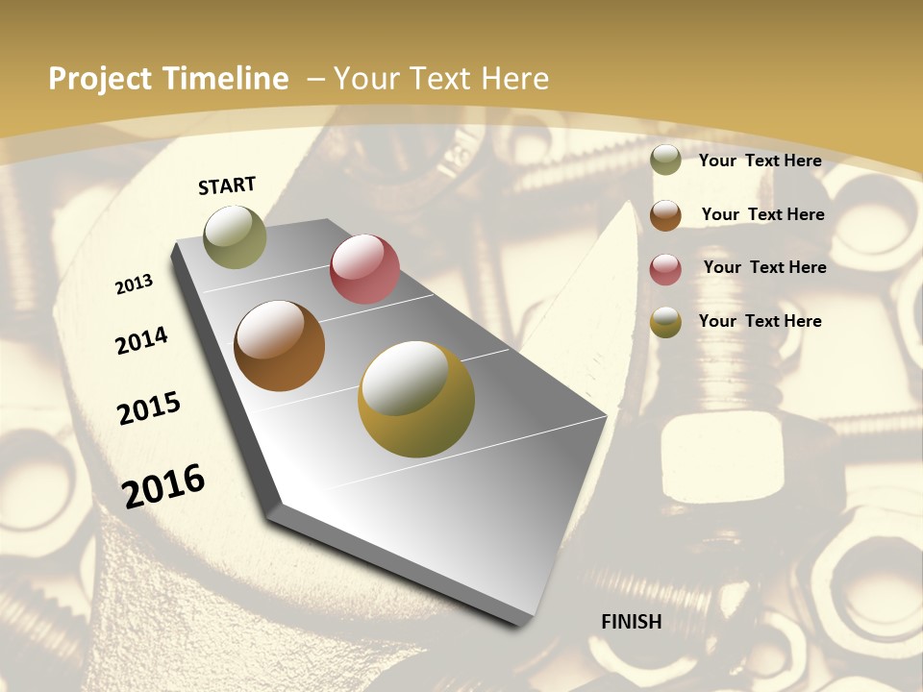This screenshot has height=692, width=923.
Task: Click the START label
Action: point(227,185)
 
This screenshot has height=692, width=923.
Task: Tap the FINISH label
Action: point(632,622)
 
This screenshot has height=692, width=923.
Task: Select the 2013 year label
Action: point(135,284)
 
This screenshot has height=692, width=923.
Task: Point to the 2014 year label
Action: point(142,340)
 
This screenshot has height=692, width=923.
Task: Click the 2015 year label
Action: point(149,408)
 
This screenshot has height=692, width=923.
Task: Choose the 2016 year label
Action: point(163,485)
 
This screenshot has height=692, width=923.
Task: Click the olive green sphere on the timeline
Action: point(235,236)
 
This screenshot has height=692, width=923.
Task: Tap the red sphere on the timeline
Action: point(364,269)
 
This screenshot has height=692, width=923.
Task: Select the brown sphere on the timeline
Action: point(279,346)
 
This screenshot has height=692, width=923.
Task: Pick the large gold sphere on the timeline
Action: point(416,399)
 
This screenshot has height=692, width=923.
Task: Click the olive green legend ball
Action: point(665,161)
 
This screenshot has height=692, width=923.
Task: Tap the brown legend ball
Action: point(665,215)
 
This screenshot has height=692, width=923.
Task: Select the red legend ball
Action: point(665,269)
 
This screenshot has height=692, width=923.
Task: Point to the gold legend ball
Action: point(665,323)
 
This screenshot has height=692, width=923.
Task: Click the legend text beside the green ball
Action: point(761,161)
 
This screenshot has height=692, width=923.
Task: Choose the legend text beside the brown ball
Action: point(763,214)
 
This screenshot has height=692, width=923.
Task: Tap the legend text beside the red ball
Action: point(765,267)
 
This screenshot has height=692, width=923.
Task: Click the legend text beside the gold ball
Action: point(761,321)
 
